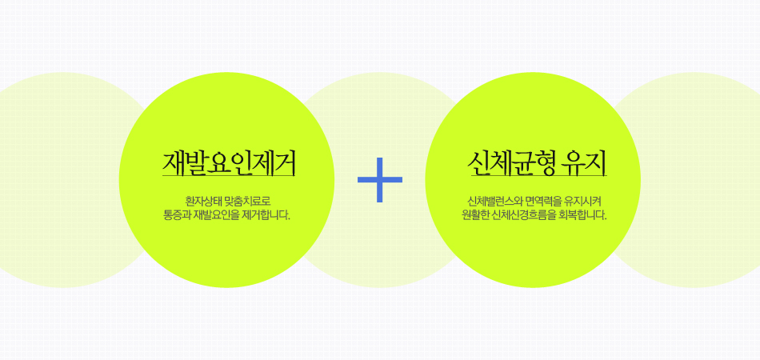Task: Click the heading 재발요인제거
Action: (229, 163)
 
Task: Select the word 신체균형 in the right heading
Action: (510, 163)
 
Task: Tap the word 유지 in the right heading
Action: (583, 163)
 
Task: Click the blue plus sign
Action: (380, 180)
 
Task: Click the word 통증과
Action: (177, 215)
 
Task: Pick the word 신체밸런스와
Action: (495, 201)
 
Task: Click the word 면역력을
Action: (543, 201)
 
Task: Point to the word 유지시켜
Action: (582, 201)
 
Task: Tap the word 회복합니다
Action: (582, 215)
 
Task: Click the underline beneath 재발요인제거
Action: (229, 176)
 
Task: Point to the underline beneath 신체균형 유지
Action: (538, 176)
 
